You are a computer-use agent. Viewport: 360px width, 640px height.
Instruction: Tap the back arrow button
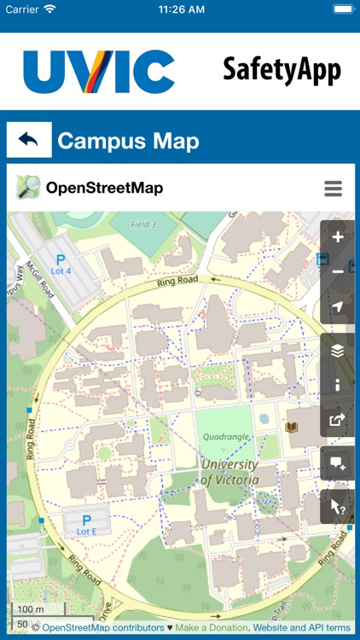click(29, 140)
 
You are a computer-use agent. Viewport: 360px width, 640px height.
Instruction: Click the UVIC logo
click(99, 72)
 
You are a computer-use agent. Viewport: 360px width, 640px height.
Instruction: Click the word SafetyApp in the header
click(282, 71)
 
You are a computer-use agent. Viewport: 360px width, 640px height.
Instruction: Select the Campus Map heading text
click(128, 141)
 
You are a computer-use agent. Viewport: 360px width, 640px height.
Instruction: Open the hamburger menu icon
click(333, 189)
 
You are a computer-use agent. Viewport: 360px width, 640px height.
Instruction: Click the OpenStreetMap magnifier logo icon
click(28, 188)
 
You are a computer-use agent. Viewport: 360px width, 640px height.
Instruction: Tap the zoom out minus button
click(338, 271)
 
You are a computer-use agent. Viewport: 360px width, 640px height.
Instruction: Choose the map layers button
click(338, 350)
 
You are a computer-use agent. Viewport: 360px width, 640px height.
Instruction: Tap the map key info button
click(338, 385)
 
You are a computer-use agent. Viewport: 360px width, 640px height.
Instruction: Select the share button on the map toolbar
click(338, 419)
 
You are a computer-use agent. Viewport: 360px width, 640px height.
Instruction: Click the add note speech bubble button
click(338, 463)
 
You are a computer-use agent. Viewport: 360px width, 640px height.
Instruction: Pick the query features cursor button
click(338, 506)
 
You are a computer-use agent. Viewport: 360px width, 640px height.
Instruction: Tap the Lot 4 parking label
click(61, 265)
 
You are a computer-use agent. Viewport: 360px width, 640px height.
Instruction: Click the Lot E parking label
click(85, 525)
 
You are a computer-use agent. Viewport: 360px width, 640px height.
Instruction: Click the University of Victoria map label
click(229, 472)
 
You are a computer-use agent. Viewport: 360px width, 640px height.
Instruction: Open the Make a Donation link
click(212, 627)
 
